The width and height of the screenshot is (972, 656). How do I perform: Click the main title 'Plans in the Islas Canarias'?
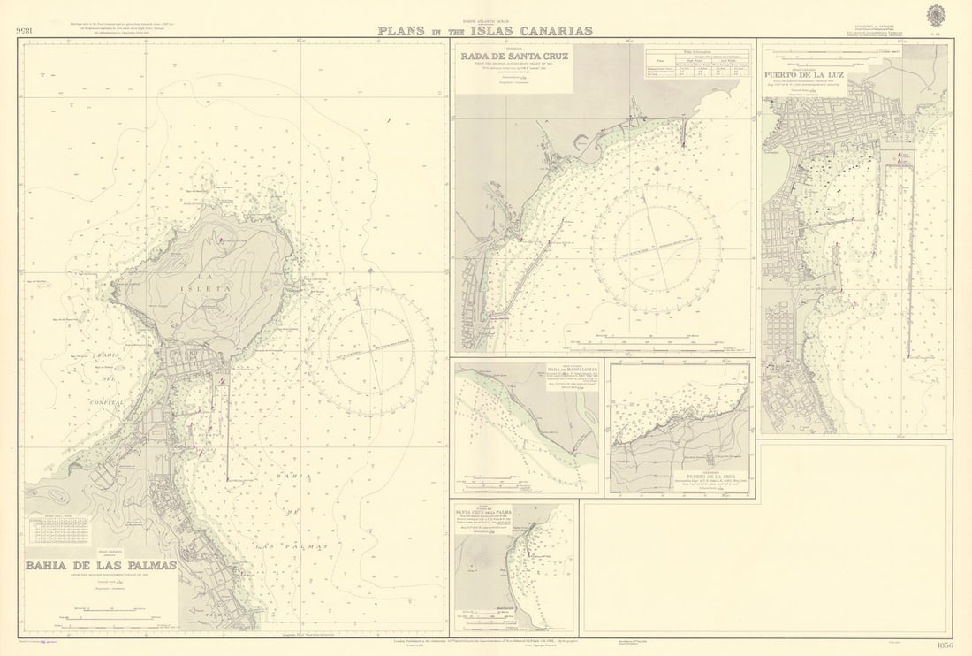[x=485, y=31]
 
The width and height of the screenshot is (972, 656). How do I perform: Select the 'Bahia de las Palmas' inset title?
[x=100, y=566]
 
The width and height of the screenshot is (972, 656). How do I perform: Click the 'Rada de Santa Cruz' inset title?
[x=515, y=57]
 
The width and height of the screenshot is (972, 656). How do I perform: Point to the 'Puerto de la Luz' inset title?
[x=804, y=75]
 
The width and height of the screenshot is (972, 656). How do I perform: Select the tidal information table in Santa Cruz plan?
[x=698, y=63]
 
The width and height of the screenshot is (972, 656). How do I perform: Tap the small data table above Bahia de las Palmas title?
[x=58, y=530]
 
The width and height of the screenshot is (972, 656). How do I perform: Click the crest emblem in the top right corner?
[x=936, y=15]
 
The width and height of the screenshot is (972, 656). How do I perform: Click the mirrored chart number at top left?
[x=26, y=31]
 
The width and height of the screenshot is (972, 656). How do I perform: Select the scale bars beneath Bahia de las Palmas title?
[x=110, y=610]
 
